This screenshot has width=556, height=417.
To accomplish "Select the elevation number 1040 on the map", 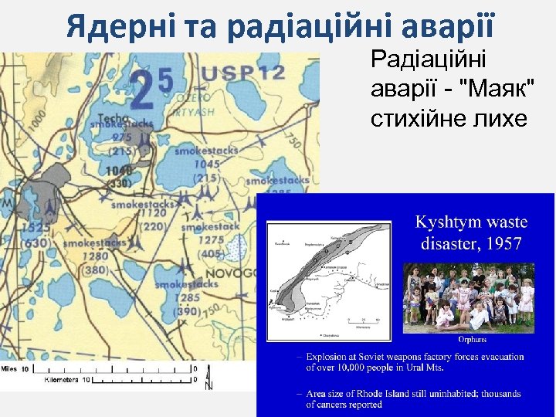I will pyautogui.click(x=119, y=171).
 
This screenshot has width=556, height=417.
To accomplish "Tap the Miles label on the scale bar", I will pyautogui.click(x=14, y=369).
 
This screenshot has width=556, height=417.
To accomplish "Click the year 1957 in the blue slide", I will pyautogui.click(x=502, y=245).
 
